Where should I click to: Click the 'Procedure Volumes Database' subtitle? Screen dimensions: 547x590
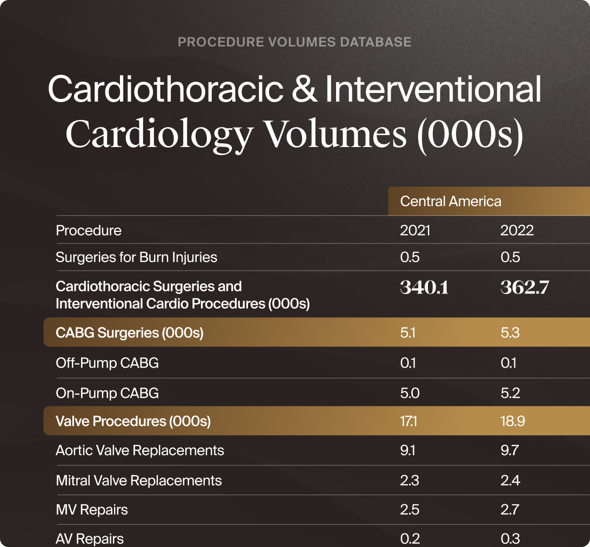click(294, 42)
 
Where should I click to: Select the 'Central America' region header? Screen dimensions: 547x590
click(451, 202)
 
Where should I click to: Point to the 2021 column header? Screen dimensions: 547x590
click(415, 231)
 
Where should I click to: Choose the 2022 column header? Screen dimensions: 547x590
click(517, 231)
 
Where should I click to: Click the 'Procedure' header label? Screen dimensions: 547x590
click(89, 231)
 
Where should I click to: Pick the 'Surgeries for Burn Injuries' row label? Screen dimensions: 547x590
click(136, 257)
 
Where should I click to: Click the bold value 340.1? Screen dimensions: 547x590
click(424, 288)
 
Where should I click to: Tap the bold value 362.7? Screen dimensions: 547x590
click(525, 288)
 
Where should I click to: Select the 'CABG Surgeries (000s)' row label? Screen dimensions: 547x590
click(130, 332)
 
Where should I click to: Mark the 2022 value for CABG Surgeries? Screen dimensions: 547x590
click(510, 332)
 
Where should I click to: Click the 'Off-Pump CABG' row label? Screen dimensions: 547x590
click(107, 363)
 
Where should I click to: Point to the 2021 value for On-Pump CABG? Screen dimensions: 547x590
click(410, 392)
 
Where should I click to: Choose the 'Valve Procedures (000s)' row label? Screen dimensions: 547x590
click(133, 421)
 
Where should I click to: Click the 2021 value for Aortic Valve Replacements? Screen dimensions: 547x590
click(407, 450)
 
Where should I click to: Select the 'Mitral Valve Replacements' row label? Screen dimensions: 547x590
click(139, 481)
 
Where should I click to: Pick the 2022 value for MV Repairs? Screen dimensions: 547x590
click(510, 510)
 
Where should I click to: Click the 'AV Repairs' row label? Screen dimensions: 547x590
click(90, 539)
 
